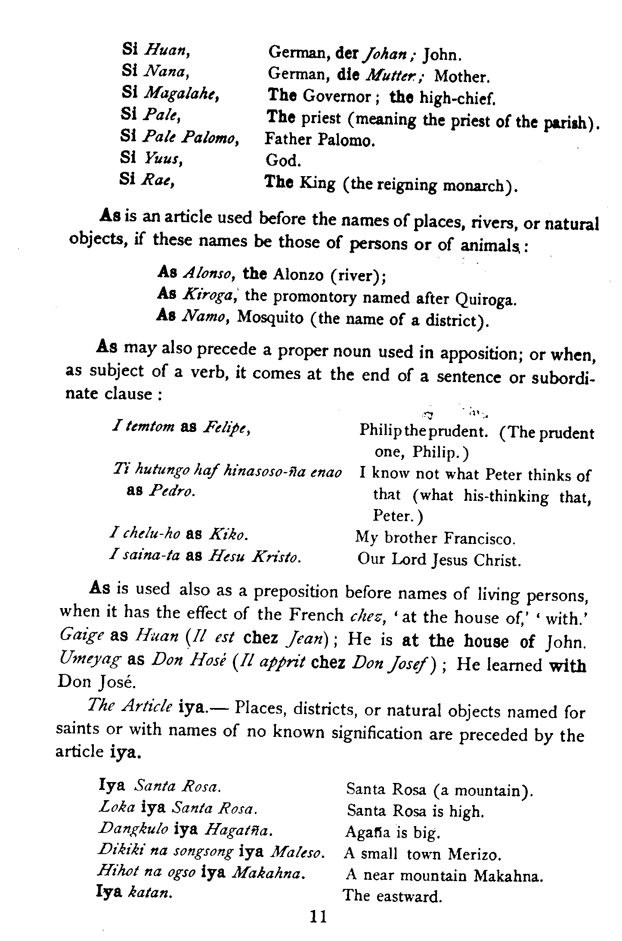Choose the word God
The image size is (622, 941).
(283, 161)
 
